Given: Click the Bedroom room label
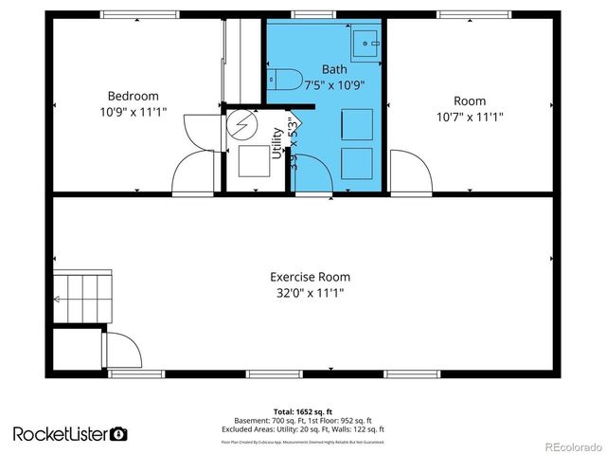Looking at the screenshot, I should click(x=133, y=96).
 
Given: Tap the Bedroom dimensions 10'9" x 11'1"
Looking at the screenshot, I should click(x=133, y=112).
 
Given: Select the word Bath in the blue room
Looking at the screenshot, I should click(x=334, y=69).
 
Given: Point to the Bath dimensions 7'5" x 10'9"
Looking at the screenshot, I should click(x=334, y=83).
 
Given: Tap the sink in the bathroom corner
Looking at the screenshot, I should click(x=365, y=42).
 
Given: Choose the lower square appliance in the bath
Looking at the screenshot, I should click(x=356, y=160).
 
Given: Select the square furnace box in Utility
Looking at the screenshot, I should click(x=253, y=161).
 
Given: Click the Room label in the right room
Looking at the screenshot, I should click(x=470, y=101).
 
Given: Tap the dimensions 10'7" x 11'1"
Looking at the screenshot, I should click(x=470, y=117).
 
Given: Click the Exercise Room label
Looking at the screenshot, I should click(x=310, y=277).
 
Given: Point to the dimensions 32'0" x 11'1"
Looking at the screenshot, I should click(x=310, y=293).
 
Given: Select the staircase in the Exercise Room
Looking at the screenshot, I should click(x=77, y=299).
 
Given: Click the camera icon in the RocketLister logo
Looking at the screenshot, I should click(x=118, y=434).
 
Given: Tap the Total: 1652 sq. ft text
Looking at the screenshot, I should click(x=303, y=412).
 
